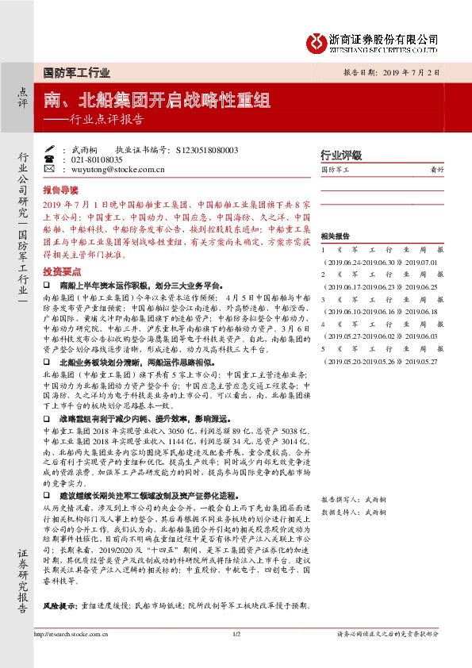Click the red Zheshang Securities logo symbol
click(317, 40)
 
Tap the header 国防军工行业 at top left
click(76, 72)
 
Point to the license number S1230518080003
click(205, 149)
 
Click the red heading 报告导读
click(60, 190)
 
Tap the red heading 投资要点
click(60, 270)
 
